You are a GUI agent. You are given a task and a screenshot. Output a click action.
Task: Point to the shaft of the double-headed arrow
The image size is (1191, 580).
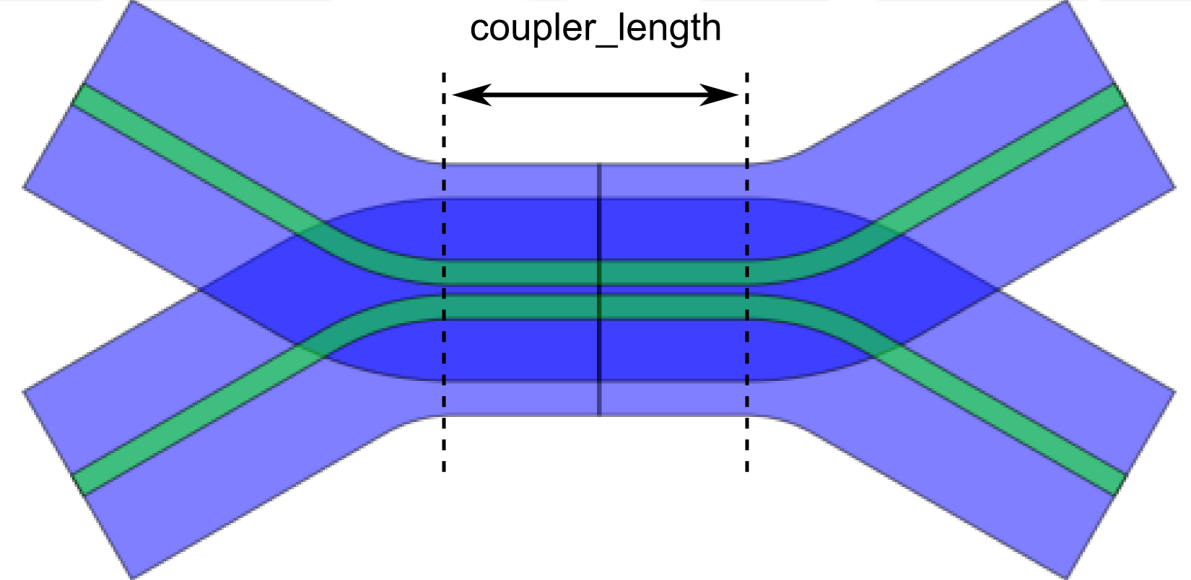[x=595, y=95]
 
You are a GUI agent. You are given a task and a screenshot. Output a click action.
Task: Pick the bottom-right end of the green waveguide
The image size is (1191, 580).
[x=1120, y=483]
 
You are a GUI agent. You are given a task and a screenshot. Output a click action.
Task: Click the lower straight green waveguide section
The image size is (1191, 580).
[x=520, y=307]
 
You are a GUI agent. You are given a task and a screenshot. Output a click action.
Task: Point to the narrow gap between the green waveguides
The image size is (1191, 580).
[x=520, y=290]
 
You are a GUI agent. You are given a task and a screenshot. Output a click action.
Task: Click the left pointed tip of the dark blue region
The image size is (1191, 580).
[x=203, y=290]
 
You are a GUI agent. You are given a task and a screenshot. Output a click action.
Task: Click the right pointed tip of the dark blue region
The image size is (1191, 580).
[x=997, y=290]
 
